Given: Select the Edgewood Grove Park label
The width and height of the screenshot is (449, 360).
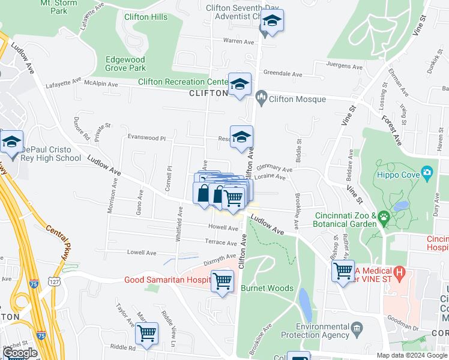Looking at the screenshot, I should click(125, 64).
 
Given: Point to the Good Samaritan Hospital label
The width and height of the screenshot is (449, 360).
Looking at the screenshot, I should click(166, 280).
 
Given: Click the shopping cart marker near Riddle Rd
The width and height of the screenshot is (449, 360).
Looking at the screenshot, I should click(147, 333).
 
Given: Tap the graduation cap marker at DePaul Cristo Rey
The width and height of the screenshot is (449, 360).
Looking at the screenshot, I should click(11, 142).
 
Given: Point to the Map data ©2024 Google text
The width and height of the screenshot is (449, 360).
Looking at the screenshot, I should click(412, 355).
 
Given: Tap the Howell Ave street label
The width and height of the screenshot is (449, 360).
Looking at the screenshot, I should click(223, 227).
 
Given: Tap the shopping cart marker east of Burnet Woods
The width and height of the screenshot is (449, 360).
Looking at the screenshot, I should click(343, 271).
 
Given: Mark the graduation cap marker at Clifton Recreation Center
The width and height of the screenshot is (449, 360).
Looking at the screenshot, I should click(240, 85).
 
